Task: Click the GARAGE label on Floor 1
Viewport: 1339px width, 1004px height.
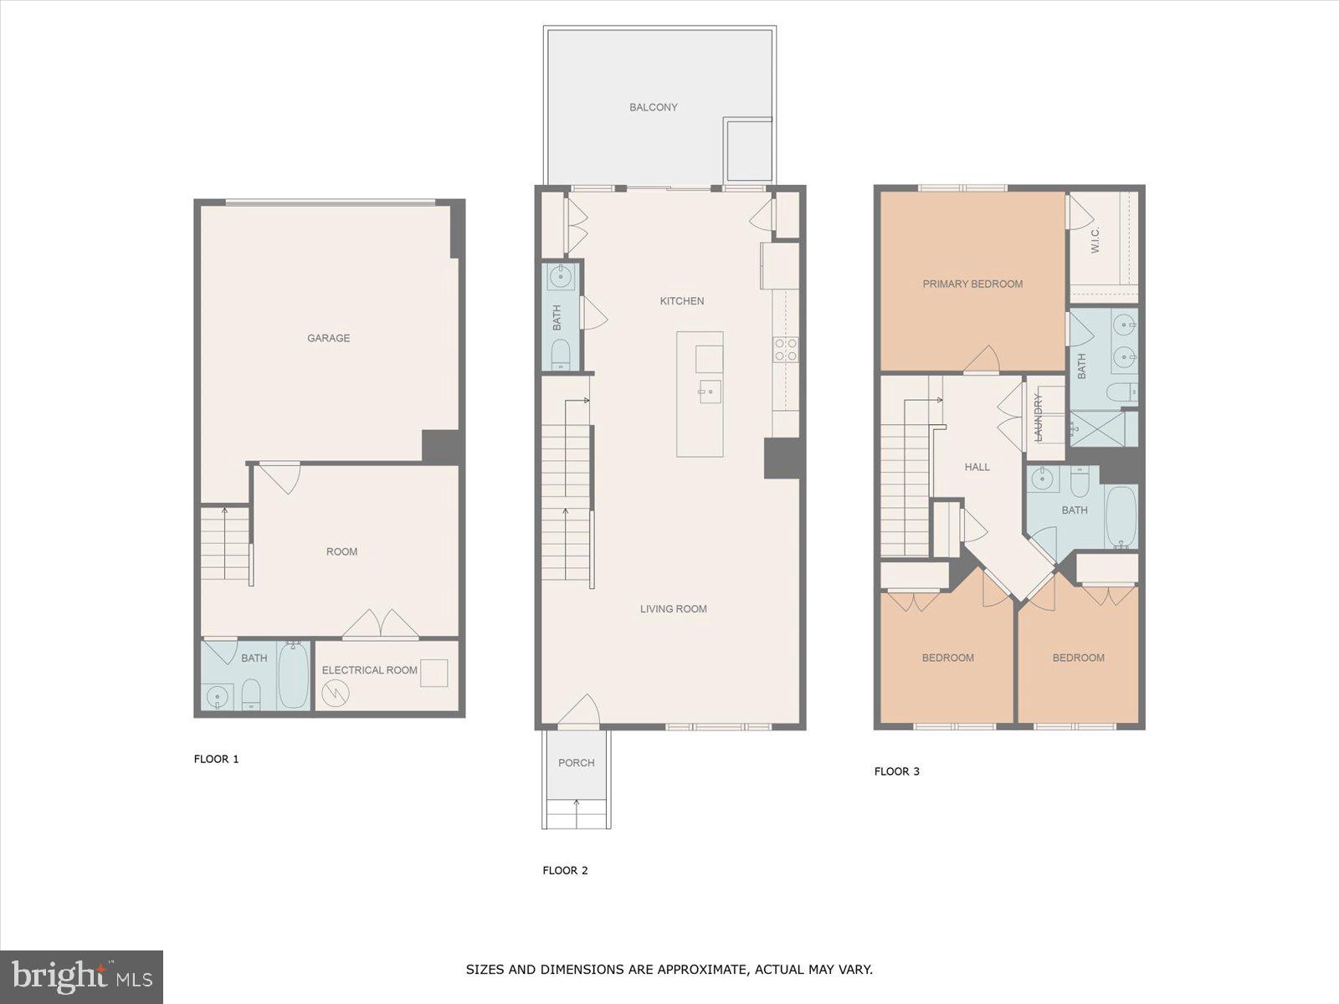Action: coord(328,338)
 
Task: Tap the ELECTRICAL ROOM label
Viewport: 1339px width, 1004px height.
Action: coord(369,670)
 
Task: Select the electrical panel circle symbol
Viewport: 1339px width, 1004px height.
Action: coord(336,694)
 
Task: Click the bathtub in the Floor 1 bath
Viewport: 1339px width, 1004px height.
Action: coord(293,675)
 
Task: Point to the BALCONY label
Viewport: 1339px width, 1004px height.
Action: coord(654,107)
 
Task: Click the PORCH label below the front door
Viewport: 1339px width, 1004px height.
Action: coord(576,763)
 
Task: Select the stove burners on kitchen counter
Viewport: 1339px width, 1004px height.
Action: coord(785,349)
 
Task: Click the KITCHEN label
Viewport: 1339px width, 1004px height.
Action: coord(682,301)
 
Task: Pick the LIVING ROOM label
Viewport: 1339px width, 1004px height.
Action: coord(674,609)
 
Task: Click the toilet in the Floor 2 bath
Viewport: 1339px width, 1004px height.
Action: coord(561,353)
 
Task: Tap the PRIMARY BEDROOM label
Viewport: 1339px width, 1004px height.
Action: coord(972,284)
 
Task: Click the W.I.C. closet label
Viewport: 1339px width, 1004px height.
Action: coord(1095,241)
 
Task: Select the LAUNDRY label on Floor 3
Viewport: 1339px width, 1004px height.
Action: coord(1039,417)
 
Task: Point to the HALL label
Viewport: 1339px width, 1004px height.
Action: coord(977,467)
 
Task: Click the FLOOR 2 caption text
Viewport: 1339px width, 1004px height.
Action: coord(565,870)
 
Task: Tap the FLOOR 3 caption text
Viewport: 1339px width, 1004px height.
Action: coord(896,771)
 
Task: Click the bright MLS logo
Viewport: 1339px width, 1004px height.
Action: coord(82,976)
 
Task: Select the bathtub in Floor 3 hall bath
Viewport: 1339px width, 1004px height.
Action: coord(1121,515)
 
